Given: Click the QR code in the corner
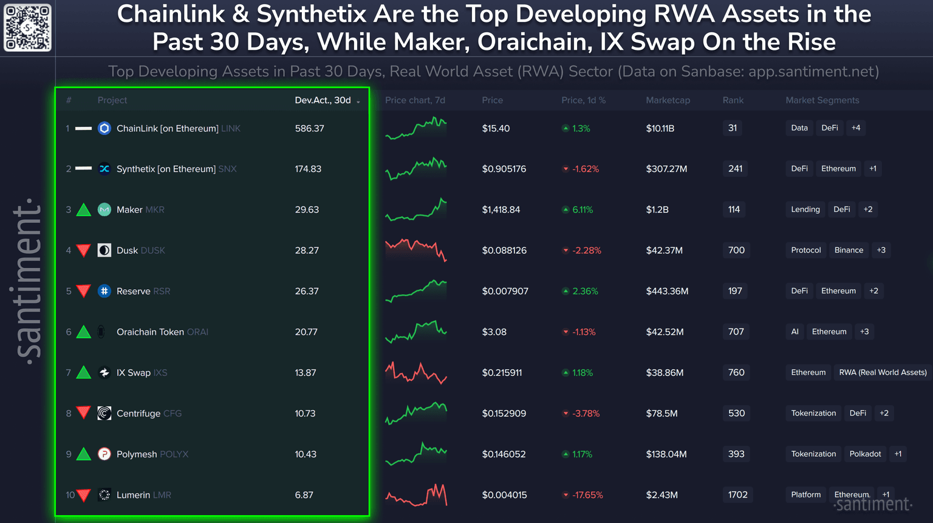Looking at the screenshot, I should [x=28, y=28].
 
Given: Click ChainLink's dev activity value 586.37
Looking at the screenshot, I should [x=309, y=129].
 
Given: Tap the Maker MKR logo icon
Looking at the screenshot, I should [x=104, y=210].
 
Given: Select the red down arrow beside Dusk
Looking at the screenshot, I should [x=84, y=250].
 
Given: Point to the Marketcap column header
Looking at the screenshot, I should [x=668, y=100].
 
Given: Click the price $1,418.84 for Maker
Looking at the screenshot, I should [x=501, y=210].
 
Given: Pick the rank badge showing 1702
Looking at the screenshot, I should [x=737, y=495].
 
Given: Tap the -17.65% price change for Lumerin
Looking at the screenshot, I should [x=587, y=495].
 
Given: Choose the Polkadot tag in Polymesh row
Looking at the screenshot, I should [x=865, y=454].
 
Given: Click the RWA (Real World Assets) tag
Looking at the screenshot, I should [x=883, y=372].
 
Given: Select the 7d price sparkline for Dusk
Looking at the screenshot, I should [x=416, y=250].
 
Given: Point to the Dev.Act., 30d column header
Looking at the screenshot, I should [x=323, y=100].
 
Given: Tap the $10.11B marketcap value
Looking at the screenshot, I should [x=660, y=129].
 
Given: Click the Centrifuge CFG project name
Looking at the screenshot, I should [x=149, y=414].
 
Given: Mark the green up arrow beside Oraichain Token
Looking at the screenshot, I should [x=84, y=332].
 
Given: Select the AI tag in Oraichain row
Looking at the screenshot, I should [x=795, y=332].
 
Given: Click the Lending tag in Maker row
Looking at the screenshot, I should [x=805, y=210].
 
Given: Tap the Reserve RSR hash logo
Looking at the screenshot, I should [x=104, y=291].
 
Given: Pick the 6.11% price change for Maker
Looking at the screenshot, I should [x=582, y=210].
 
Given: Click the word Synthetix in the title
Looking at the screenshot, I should [x=312, y=14].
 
